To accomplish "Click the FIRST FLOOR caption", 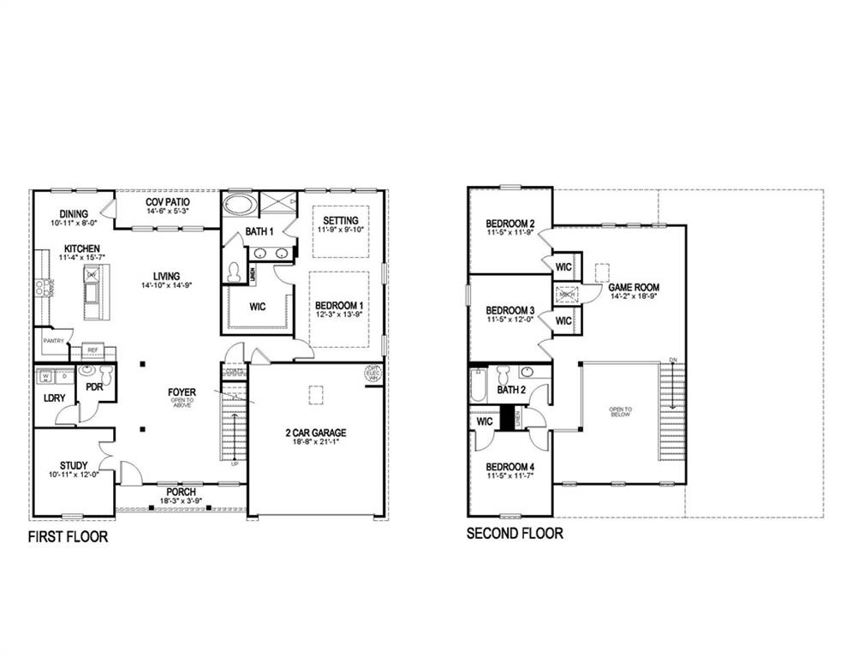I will pos(68,538).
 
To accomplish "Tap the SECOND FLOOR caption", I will pos(515,533).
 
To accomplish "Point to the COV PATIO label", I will pos(167,201).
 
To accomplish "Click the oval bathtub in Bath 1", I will pos(239,206).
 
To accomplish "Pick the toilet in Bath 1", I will pos(234,270).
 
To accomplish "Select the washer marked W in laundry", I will pos(44,375).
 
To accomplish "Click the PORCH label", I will pos(182,492).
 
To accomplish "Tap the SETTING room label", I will pos(340,221).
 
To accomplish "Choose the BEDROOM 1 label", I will pos(339,306).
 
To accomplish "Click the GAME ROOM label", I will pos(634,288).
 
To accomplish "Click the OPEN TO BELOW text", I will pos(621,411).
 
